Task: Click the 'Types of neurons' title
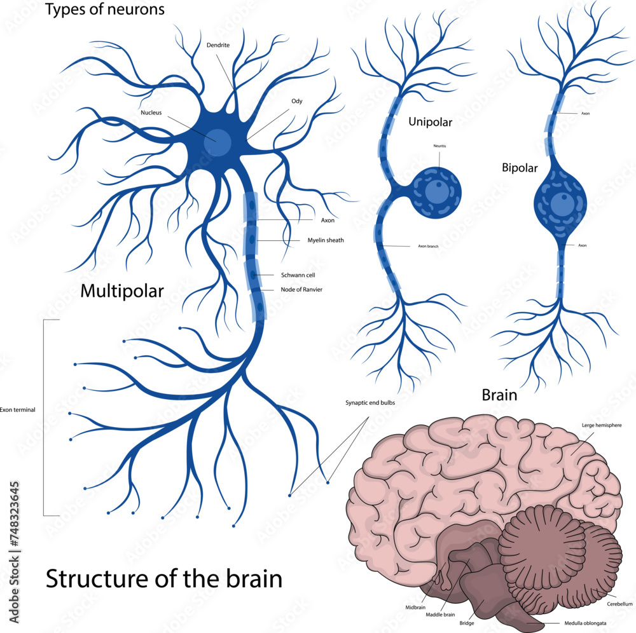pyautogui.click(x=105, y=10)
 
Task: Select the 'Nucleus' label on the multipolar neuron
pyautogui.click(x=151, y=112)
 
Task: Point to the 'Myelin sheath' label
pyautogui.click(x=321, y=240)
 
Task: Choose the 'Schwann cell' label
pyautogui.click(x=298, y=275)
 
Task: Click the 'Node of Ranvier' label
pyautogui.click(x=301, y=290)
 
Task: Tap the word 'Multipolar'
pyautogui.click(x=121, y=292)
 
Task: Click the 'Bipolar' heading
pyautogui.click(x=520, y=168)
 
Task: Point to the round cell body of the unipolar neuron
pyautogui.click(x=436, y=191)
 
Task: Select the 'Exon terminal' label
pyautogui.click(x=17, y=410)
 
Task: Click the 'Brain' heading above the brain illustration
pyautogui.click(x=499, y=395)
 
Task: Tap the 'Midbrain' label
pyautogui.click(x=415, y=607)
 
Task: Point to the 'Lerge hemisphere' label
pyautogui.click(x=602, y=425)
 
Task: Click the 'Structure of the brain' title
pyautogui.click(x=163, y=580)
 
